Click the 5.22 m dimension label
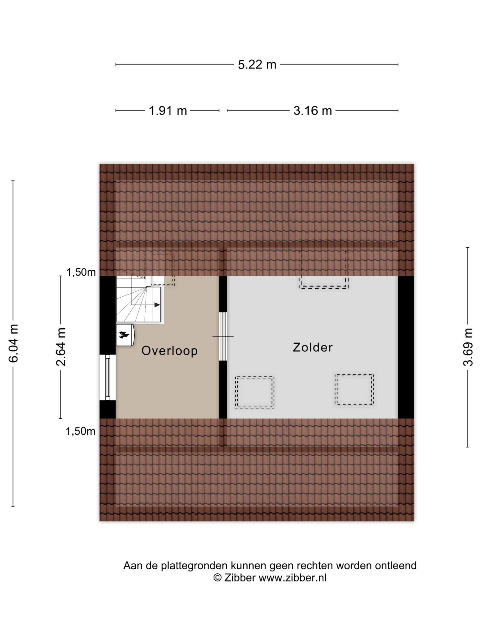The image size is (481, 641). [257, 65]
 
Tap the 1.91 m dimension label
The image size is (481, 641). [168, 110]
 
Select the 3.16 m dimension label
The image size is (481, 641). [313, 110]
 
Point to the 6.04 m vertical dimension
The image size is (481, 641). [13, 343]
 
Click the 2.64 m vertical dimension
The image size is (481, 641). [60, 347]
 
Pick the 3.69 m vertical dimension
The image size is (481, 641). [468, 347]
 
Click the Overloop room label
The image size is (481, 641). [169, 351]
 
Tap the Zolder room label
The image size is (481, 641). [313, 347]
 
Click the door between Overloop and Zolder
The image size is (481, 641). [223, 336]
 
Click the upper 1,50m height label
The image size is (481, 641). [81, 273]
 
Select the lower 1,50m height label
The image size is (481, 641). [80, 432]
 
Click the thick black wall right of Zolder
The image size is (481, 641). [406, 347]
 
